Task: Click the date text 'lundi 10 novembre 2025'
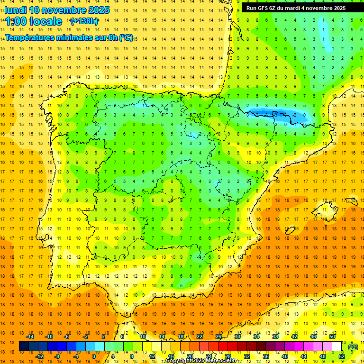pos(57,10)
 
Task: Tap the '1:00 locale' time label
pos(34,21)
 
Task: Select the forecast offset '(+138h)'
pos(84,21)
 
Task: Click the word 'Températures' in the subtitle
pos(29,38)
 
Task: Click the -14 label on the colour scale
pos(30,337)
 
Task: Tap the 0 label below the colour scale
pos(93,356)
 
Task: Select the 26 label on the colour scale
pos(218,337)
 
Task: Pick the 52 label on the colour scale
pos(342,356)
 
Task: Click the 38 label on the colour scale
pos(275,337)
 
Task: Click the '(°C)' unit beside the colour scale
pos(353,347)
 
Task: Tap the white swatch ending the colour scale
pos(337,346)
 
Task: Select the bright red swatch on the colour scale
pos(223,346)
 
